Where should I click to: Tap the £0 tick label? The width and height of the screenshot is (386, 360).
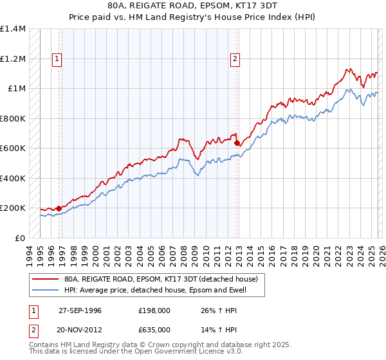20,238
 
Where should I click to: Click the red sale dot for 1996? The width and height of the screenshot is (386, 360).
59,208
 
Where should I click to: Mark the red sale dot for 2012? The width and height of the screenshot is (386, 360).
237,143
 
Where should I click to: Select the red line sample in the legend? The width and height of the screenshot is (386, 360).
46,279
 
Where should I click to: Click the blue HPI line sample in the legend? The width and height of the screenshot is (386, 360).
46,290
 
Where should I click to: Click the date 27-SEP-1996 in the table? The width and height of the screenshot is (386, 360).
80,310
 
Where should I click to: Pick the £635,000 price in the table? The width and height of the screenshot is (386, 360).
154,329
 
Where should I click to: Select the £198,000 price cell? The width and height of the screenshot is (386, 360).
154,310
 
